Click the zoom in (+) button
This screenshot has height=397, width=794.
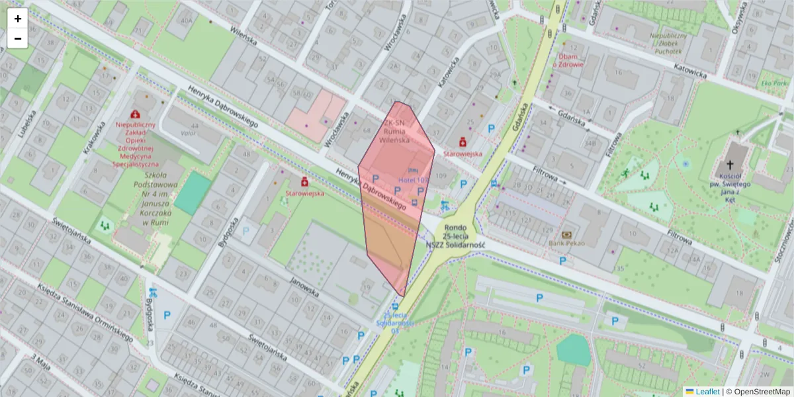18,19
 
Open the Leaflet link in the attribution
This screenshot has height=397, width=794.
707,391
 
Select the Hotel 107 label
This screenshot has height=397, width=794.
414,179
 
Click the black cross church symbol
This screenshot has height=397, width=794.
730,165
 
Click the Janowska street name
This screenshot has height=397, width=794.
304,287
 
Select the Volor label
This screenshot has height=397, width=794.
191,133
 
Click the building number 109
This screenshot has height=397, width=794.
441,175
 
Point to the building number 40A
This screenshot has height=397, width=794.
187,20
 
